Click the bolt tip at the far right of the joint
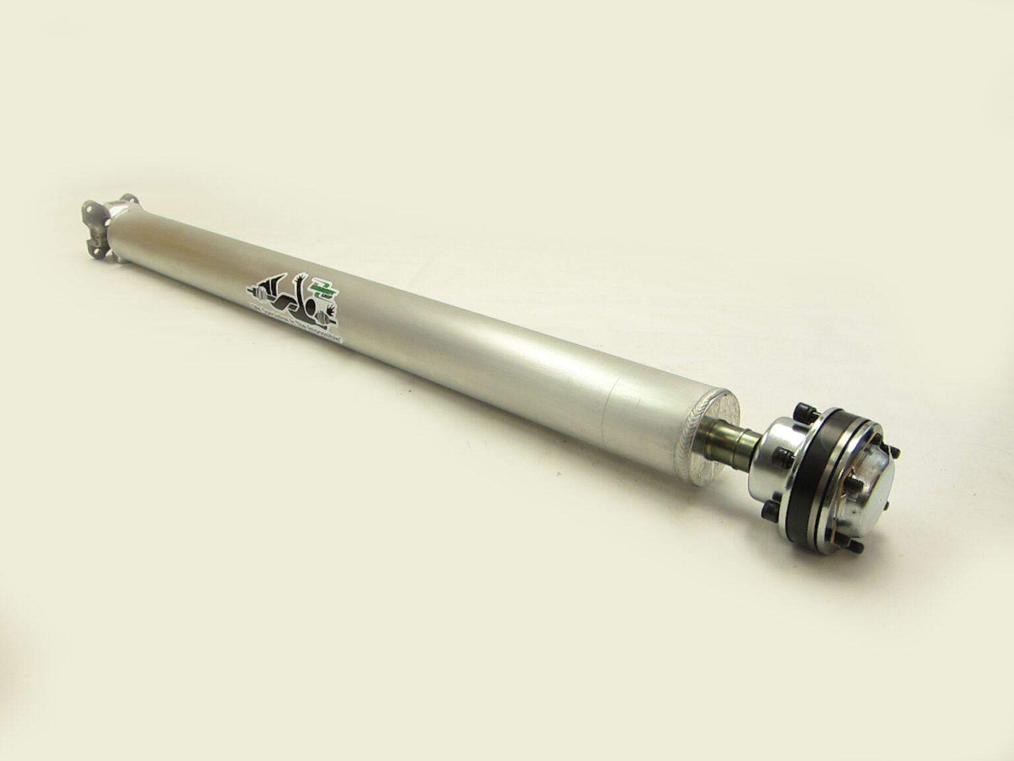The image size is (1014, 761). coord(895,451)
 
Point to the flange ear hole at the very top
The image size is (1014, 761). coord(127,199)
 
